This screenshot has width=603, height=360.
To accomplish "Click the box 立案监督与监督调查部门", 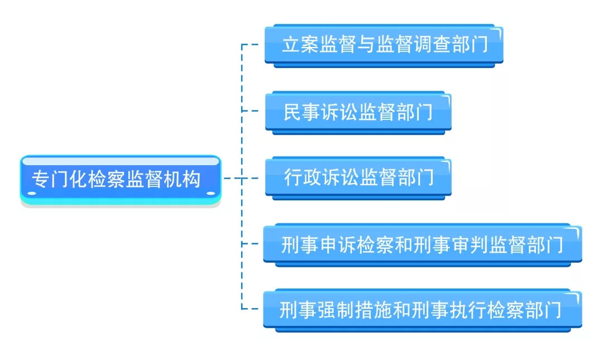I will point(384,45).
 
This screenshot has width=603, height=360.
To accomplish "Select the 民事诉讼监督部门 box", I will point(358,112).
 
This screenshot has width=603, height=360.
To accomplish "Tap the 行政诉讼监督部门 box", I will point(358,178).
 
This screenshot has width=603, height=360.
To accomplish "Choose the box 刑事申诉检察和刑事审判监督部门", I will point(422,244).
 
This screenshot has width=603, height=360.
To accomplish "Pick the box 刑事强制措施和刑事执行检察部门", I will point(422,309).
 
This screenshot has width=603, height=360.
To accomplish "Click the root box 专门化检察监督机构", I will point(121,179).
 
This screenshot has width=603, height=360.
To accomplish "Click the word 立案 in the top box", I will point(300,45).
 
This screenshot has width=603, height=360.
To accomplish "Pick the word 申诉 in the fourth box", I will point(337,244).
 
